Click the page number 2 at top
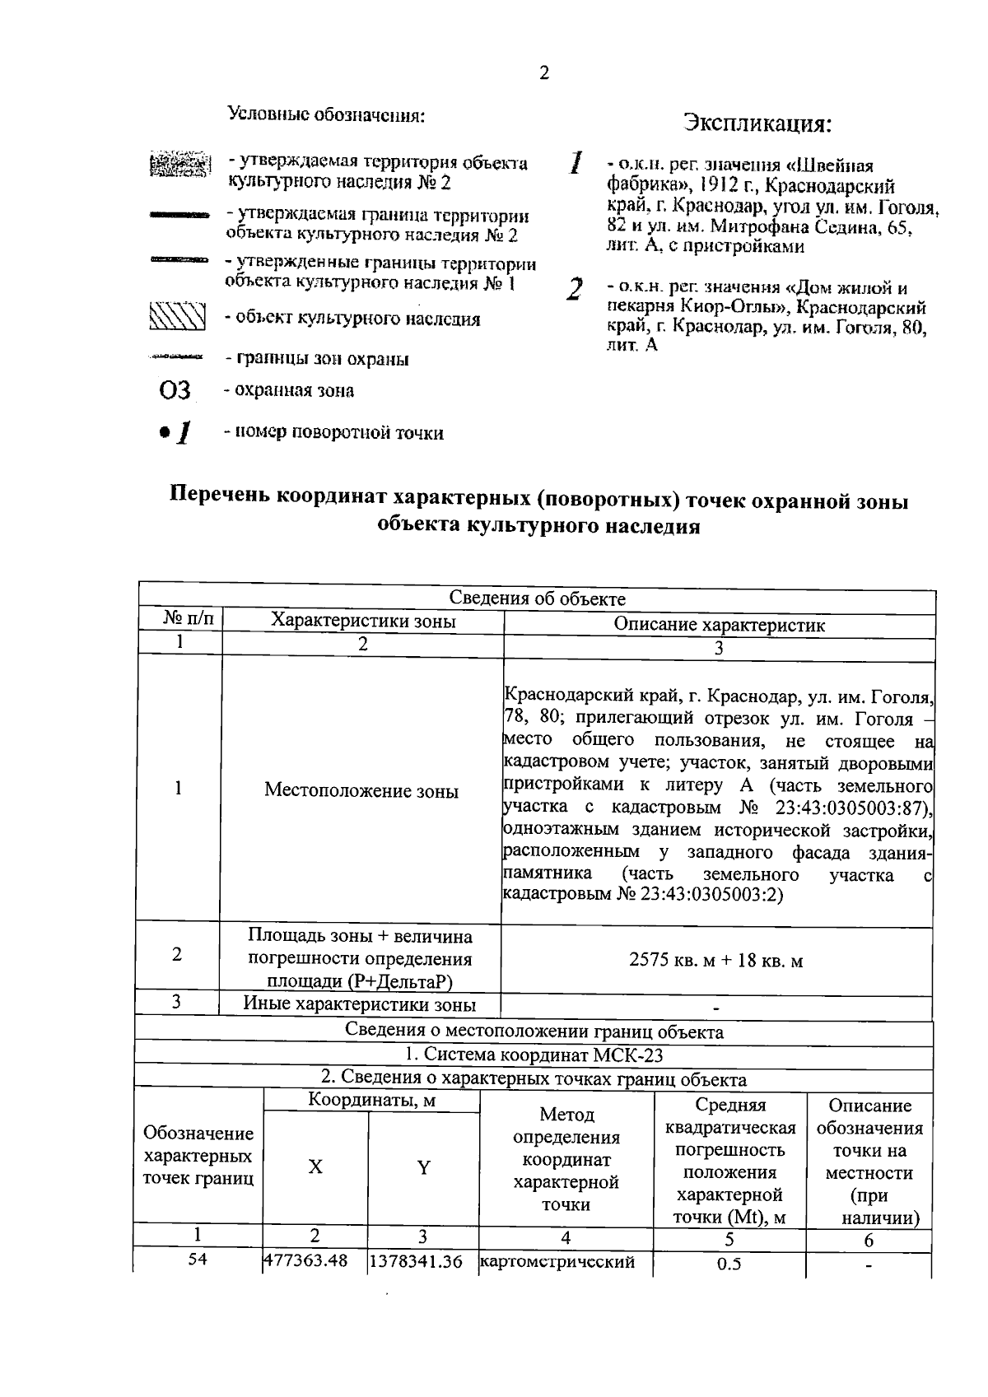[543, 73]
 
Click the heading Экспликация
[757, 124]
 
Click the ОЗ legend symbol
[175, 391]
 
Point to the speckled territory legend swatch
[177, 164]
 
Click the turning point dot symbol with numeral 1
[176, 432]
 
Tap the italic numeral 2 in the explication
[575, 290]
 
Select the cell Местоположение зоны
[361, 791]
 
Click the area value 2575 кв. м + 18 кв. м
[715, 960]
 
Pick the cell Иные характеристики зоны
[359, 1004]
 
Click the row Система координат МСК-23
[534, 1055]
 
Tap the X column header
[315, 1166]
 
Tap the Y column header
[423, 1166]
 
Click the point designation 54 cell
[197, 1259]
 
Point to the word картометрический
[557, 1261]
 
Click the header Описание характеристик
[719, 625]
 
